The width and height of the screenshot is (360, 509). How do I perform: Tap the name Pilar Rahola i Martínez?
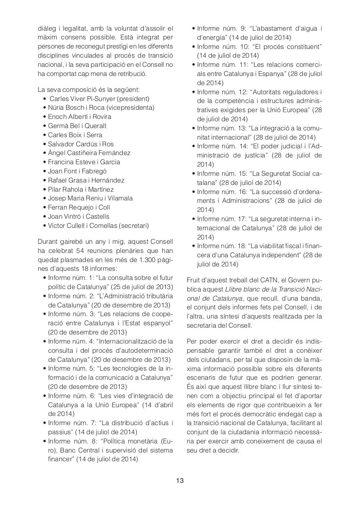click(x=81, y=189)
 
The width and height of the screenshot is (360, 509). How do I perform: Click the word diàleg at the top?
click(x=46, y=29)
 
